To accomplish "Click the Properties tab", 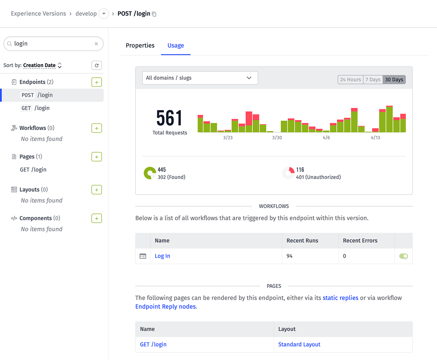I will [140, 46].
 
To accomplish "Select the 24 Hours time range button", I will [350, 79].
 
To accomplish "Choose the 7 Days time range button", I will [373, 79].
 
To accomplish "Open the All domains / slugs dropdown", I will [200, 78].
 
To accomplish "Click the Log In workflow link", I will [162, 256].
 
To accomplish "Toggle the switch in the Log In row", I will [403, 256].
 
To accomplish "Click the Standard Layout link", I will [299, 344].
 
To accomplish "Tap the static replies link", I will [340, 298].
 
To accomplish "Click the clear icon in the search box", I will [96, 44].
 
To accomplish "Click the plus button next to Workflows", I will [96, 128].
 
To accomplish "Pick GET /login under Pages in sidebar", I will [33, 170].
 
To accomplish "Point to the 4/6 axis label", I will [326, 138].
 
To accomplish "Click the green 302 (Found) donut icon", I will [150, 173].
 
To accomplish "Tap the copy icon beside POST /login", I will [154, 14].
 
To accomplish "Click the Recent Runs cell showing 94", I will [290, 256].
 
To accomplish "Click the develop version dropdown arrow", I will [104, 14].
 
